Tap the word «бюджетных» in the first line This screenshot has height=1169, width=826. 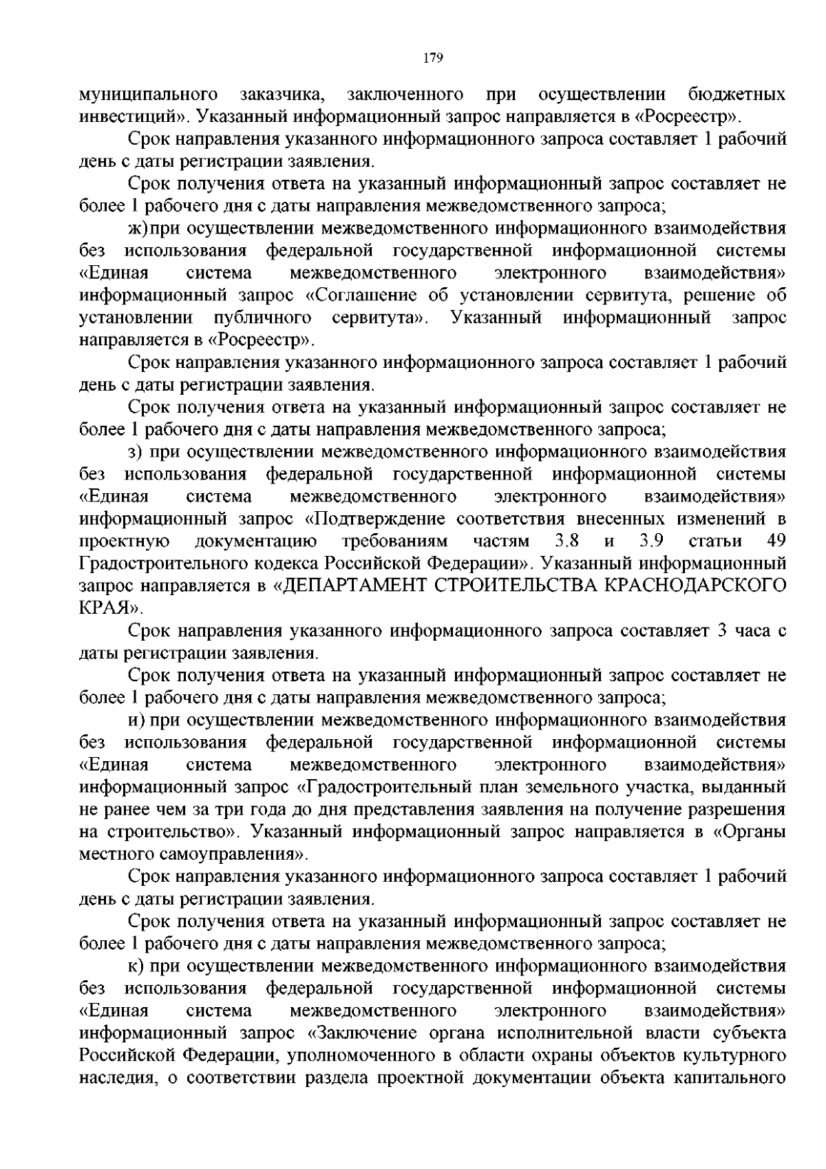point(737,94)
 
